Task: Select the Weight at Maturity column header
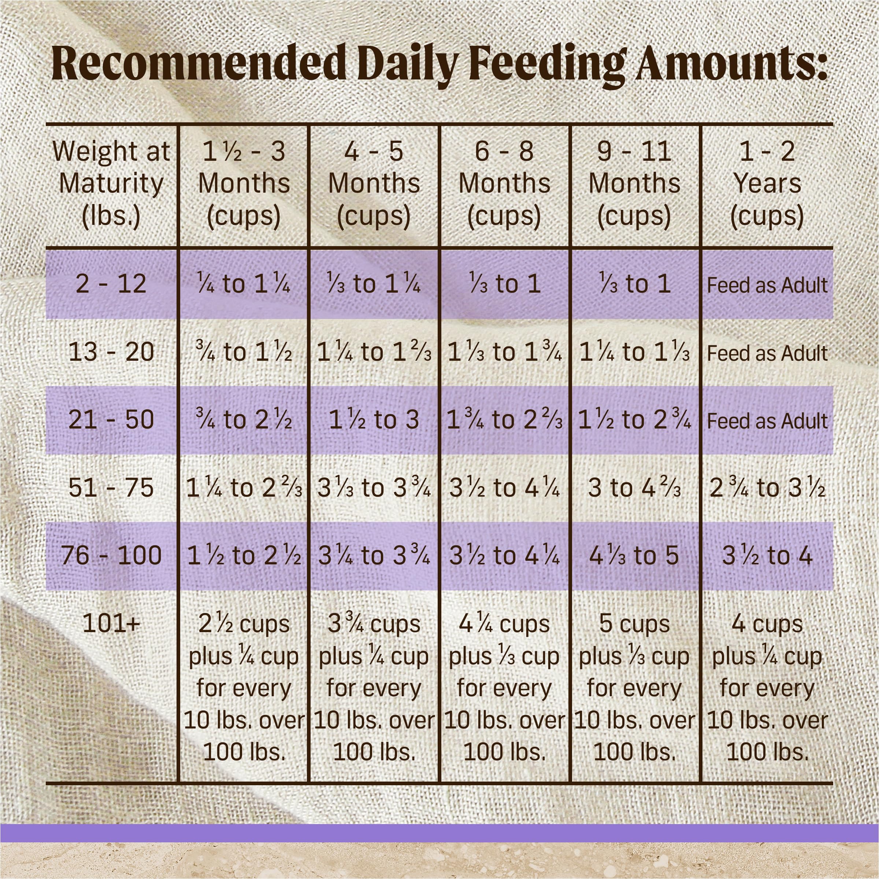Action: coord(111,183)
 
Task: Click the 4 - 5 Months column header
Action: coord(374,183)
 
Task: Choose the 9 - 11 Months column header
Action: coord(634,183)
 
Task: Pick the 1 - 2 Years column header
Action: coord(767,183)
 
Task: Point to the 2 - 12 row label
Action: coord(111,283)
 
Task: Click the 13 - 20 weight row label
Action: coord(111,352)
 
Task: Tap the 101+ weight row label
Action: coord(111,623)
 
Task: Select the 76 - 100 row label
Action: coord(111,555)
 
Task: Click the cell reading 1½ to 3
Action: coord(374,419)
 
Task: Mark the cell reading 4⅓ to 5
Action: coord(634,555)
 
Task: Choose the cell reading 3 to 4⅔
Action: coord(634,487)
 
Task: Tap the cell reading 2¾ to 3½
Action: coord(767,487)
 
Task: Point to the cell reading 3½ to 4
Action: coord(767,555)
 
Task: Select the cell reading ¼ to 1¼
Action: coord(244,283)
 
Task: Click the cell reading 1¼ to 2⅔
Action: coord(244,487)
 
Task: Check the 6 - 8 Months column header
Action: coord(504,183)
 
